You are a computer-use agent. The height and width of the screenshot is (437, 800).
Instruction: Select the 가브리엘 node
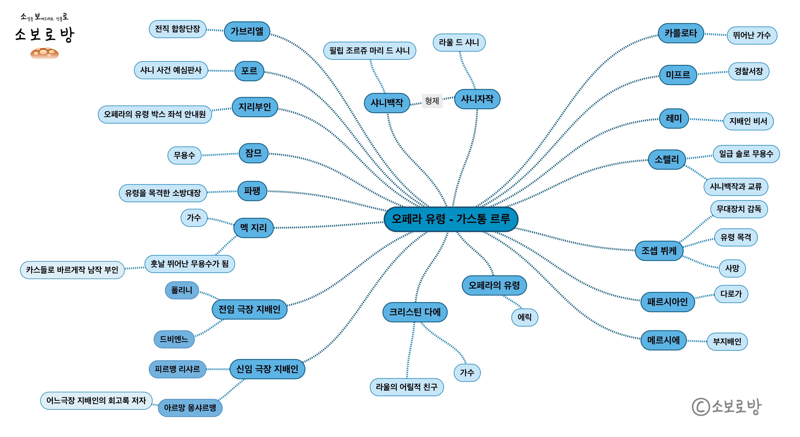tap(247, 31)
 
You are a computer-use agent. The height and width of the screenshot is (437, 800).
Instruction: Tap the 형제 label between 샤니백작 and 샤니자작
tap(432, 101)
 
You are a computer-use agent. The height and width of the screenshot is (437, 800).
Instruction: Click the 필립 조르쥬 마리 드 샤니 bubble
tap(369, 50)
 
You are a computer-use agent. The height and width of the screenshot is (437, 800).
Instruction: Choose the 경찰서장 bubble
tap(748, 71)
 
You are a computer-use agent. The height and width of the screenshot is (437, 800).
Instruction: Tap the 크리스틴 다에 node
tap(415, 312)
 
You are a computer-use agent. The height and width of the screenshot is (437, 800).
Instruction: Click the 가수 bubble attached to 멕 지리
tap(194, 218)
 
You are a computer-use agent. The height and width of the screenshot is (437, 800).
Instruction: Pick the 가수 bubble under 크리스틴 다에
tap(467, 372)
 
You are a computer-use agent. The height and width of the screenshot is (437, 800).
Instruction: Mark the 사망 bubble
tap(732, 268)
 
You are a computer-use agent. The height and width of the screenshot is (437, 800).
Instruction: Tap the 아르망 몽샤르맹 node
tap(190, 408)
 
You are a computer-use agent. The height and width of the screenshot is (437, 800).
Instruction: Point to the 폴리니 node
tap(182, 290)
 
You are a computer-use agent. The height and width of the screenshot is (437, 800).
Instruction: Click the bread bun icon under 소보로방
tap(44, 53)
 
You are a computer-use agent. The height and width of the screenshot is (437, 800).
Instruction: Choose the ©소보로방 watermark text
tap(727, 406)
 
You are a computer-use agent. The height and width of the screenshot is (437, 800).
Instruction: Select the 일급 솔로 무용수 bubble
tap(746, 153)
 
